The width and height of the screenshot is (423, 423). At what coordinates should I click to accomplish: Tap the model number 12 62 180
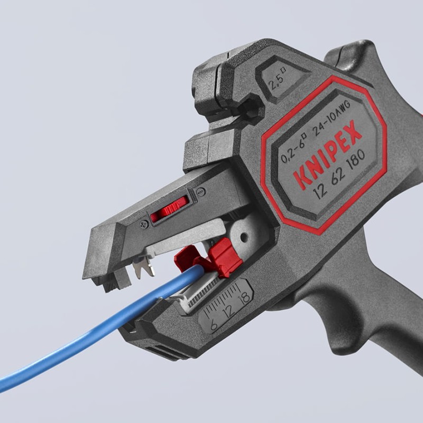(x=339, y=174)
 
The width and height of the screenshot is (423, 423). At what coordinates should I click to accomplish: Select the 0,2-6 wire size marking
(x=293, y=149)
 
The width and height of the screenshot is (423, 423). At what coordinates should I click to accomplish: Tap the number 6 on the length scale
(x=214, y=325)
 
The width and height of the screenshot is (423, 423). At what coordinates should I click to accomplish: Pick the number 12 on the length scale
(x=229, y=311)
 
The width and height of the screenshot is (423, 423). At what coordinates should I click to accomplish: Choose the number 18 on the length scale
(x=244, y=299)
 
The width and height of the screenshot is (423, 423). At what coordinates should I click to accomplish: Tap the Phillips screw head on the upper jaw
(x=144, y=224)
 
